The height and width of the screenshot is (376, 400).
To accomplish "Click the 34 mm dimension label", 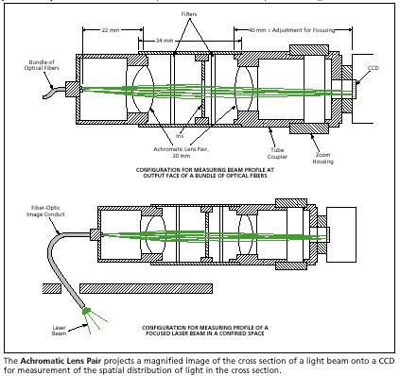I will (x=164, y=42).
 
